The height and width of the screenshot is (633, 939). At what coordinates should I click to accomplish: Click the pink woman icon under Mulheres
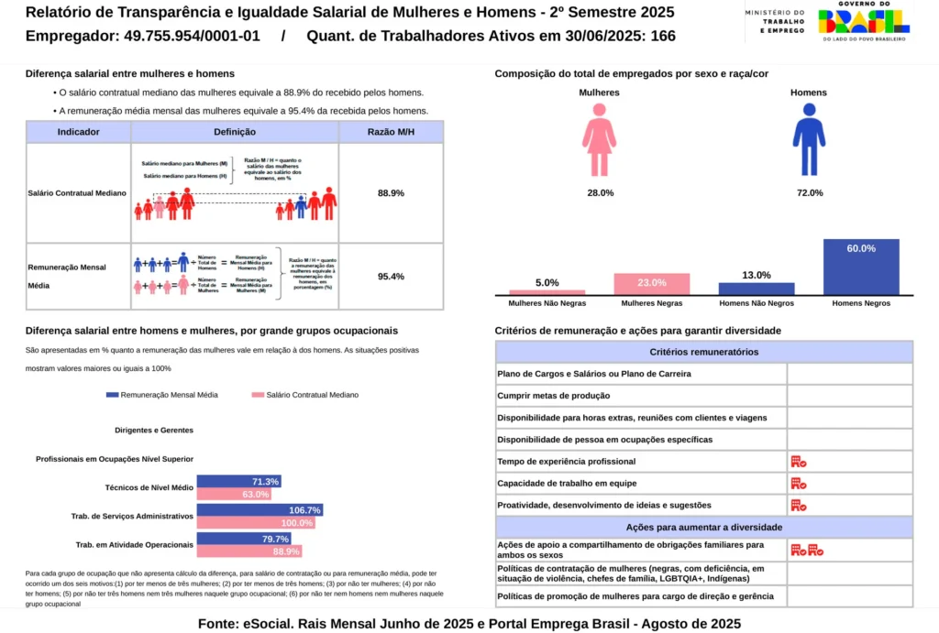pos(599,139)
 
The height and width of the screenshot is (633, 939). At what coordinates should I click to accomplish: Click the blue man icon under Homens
pos(808,139)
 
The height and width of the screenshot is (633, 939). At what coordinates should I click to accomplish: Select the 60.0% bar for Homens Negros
pos(861,267)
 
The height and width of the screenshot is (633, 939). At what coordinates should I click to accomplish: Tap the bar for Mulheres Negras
pos(651,284)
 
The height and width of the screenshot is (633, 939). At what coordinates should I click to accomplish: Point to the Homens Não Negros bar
pos(757,289)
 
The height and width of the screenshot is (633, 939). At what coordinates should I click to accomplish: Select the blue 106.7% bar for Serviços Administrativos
pos(260,510)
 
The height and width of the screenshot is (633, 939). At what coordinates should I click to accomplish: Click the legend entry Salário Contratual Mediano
pos(304,395)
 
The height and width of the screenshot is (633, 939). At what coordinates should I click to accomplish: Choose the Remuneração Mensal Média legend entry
pos(162,395)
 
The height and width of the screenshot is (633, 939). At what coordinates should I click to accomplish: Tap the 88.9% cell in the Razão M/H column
pos(391,193)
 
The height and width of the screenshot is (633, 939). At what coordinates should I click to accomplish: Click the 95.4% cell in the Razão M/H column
pos(391,276)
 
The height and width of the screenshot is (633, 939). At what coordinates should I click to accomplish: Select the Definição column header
pos(235,132)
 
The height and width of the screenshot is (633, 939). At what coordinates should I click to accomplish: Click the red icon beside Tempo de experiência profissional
pos(798,462)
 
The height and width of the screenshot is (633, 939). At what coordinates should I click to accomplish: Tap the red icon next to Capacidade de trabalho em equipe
pos(798,484)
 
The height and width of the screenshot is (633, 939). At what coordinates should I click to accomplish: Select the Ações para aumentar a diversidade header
pos(703,528)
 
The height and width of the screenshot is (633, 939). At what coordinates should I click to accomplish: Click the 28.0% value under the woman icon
pos(600,193)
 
